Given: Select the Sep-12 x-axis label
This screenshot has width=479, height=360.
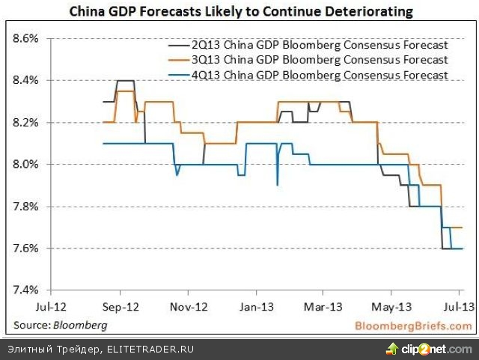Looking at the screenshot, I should pos(120,306).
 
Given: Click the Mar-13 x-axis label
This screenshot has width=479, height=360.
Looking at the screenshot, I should pos(323,306).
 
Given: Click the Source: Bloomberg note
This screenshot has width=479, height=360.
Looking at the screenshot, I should pos(59,326).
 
